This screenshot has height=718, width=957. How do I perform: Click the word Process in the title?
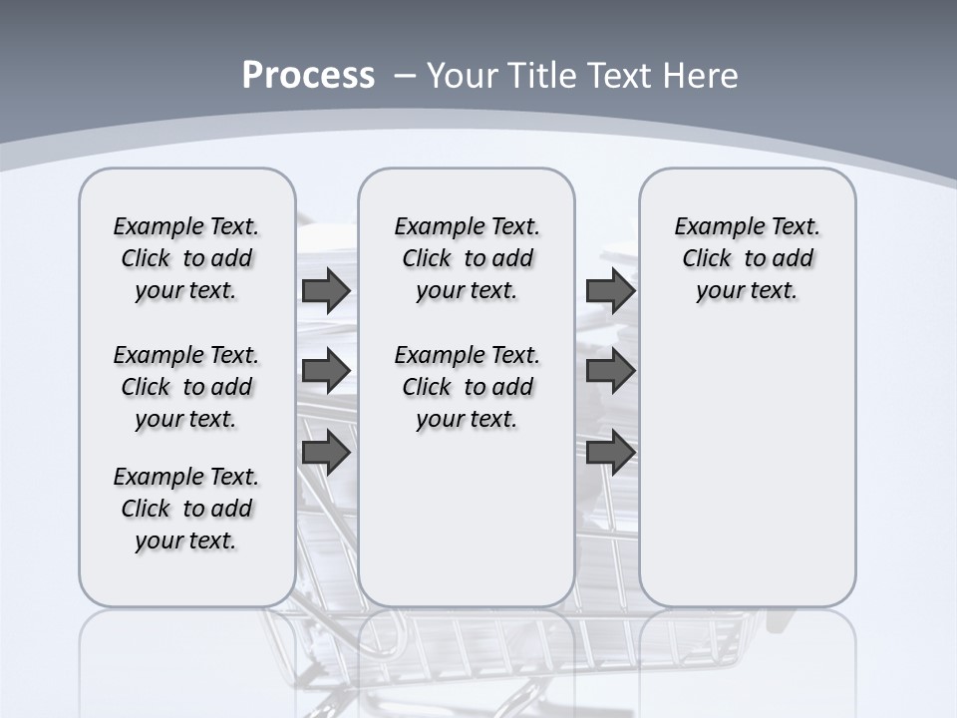pyautogui.click(x=308, y=75)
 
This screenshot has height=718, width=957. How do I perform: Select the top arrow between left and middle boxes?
pyautogui.click(x=326, y=290)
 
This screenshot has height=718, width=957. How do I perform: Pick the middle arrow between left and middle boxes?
pyautogui.click(x=326, y=371)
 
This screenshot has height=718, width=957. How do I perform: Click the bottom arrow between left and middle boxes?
pyautogui.click(x=326, y=452)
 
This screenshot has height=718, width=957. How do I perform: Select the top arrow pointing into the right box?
pyautogui.click(x=610, y=290)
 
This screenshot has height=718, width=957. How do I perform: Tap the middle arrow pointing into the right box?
pyautogui.click(x=610, y=371)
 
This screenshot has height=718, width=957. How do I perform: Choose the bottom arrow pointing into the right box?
pyautogui.click(x=610, y=452)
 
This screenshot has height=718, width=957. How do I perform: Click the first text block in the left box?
pyautogui.click(x=186, y=258)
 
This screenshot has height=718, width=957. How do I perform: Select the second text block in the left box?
pyautogui.click(x=186, y=387)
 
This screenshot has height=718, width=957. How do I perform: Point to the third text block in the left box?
pyautogui.click(x=186, y=509)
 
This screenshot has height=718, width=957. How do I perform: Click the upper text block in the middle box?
pyautogui.click(x=468, y=258)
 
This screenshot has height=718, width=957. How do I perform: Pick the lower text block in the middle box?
pyautogui.click(x=468, y=387)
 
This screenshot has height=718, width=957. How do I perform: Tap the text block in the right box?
pyautogui.click(x=748, y=258)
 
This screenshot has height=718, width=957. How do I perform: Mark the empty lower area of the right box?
pyautogui.click(x=748, y=479)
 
